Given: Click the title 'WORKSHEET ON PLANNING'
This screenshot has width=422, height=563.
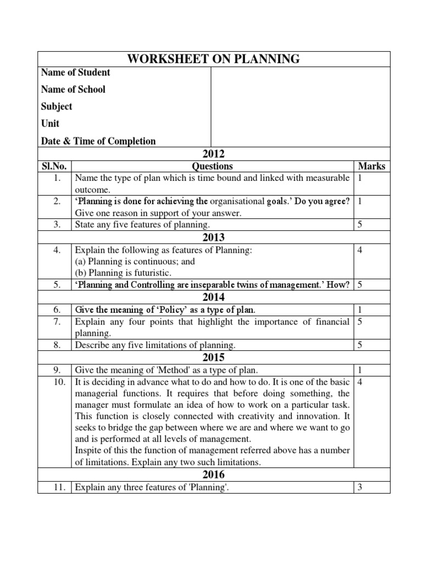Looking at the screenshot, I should [x=214, y=59].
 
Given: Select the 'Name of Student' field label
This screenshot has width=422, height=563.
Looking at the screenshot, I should [x=75, y=73].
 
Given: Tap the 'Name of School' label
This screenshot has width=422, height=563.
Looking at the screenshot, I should [x=73, y=90].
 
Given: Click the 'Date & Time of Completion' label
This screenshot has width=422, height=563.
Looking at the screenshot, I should [x=98, y=141].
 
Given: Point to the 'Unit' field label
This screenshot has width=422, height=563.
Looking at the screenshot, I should [x=50, y=124].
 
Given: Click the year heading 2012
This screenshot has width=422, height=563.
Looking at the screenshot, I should [x=214, y=154].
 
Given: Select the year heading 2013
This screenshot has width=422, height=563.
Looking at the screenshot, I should [x=214, y=238].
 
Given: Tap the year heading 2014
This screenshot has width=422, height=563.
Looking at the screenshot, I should [x=214, y=297].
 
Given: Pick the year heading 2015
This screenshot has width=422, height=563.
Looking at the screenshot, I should [x=214, y=357].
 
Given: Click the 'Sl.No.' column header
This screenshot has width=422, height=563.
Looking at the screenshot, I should [x=54, y=166].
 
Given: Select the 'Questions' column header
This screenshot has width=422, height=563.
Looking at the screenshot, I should [x=212, y=166].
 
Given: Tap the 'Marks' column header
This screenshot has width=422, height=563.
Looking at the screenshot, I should [x=372, y=166].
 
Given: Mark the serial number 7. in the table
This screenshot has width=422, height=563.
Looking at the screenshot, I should [x=58, y=322].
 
